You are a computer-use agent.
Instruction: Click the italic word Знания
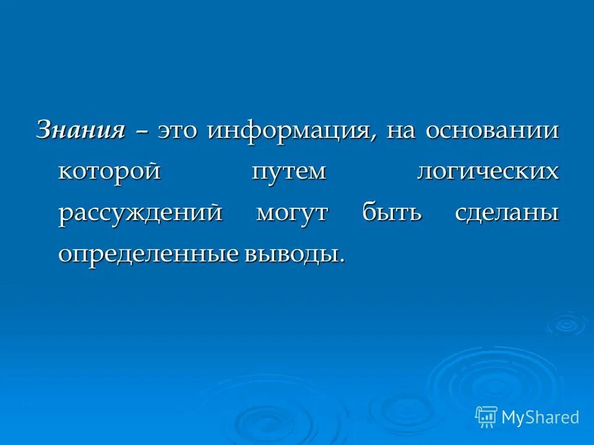coord(81,130)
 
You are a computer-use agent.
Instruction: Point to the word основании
coord(493,131)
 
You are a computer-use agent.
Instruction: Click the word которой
coord(110,172)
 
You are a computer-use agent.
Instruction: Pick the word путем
coord(289,172)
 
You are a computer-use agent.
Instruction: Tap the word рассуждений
coord(140,213)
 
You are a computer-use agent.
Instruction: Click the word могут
coord(293,213)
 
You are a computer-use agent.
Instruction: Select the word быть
coord(392,213)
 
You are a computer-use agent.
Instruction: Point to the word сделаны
coord(507,213)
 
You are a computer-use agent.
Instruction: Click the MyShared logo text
coord(540,417)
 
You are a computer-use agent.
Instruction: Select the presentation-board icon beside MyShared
coord(486,417)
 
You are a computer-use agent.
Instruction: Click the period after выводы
coord(342,261)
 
